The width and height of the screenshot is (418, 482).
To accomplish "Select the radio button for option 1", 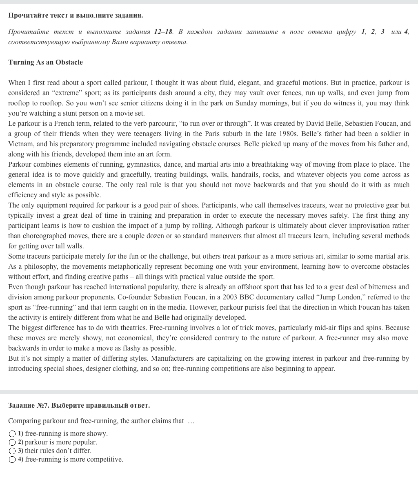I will (x=12, y=433).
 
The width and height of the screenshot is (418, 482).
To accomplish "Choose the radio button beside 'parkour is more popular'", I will (x=12, y=442).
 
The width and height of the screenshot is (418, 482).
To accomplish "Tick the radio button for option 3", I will (x=12, y=451).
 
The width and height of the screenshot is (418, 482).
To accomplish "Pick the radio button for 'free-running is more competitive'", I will (x=12, y=459).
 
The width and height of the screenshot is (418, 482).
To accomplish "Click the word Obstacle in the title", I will (x=69, y=62).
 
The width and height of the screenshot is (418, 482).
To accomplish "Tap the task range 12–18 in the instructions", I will (x=163, y=31).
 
